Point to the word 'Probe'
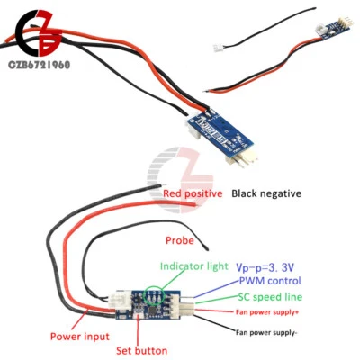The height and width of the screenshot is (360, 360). [180, 240]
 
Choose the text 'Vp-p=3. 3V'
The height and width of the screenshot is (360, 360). [267, 267]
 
